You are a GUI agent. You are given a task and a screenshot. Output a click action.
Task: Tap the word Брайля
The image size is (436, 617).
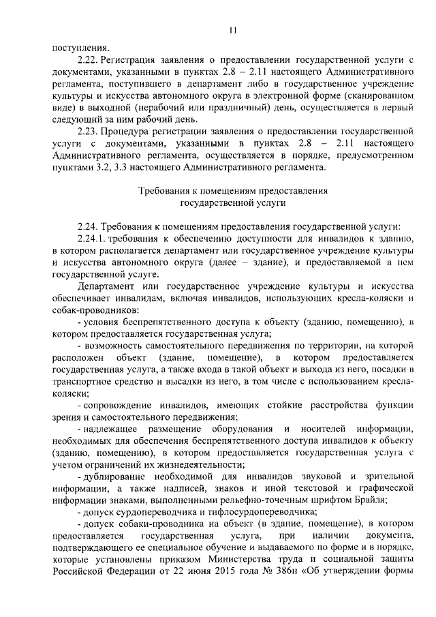(369, 498)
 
